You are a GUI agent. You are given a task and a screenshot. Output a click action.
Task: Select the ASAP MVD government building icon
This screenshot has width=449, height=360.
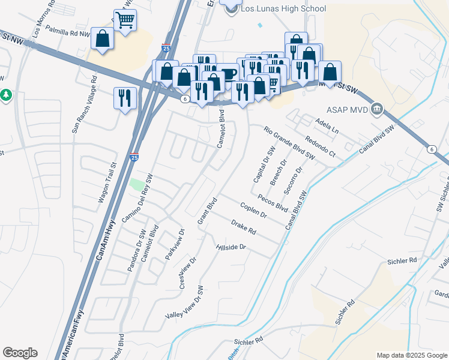coord(377,109)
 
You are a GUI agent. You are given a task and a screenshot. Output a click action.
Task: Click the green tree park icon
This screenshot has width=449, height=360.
coord(5,95)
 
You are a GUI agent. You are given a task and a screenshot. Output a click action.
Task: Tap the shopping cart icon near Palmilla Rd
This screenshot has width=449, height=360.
coord(125,20)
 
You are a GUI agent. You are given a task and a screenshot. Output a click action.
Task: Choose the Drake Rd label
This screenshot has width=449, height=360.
coord(244,227)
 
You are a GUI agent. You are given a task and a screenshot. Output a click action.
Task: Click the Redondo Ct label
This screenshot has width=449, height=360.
coord(319,146)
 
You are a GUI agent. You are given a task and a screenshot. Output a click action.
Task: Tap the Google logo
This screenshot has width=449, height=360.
coord(20,353)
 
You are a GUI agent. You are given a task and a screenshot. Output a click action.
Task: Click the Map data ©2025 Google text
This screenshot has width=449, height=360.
coord(411,355)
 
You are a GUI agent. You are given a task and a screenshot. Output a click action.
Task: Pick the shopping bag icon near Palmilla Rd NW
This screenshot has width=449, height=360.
coord(103,39)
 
